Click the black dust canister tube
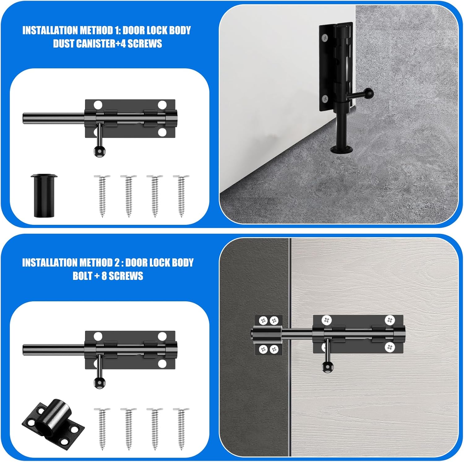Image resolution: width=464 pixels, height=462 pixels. (x=44, y=195)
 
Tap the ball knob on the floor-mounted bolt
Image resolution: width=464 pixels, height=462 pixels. (x=369, y=93)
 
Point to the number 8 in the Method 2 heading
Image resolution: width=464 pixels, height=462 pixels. (x=104, y=276)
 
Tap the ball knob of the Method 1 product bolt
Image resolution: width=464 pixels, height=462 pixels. (x=99, y=151)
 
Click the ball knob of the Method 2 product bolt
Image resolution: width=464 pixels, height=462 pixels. (x=99, y=383)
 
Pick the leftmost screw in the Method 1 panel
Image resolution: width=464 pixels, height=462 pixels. (x=102, y=196)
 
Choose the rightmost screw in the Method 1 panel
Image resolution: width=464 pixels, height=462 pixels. (x=181, y=196)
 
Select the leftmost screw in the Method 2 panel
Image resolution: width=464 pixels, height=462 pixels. (x=102, y=428)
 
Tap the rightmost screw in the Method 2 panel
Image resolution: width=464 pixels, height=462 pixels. (x=181, y=428)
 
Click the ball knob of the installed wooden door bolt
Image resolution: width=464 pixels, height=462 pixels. (x=327, y=367)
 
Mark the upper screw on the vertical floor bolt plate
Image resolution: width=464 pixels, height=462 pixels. (x=325, y=37)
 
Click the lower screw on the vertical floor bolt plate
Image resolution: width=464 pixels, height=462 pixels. (x=325, y=99)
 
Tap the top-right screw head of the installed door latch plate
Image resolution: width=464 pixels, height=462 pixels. (x=390, y=320)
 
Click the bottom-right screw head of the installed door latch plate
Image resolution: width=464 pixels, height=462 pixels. (x=390, y=347)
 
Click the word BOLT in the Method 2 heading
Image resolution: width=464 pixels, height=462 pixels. (x=82, y=276)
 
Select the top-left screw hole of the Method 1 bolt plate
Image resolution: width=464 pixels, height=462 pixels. (x=98, y=105)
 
